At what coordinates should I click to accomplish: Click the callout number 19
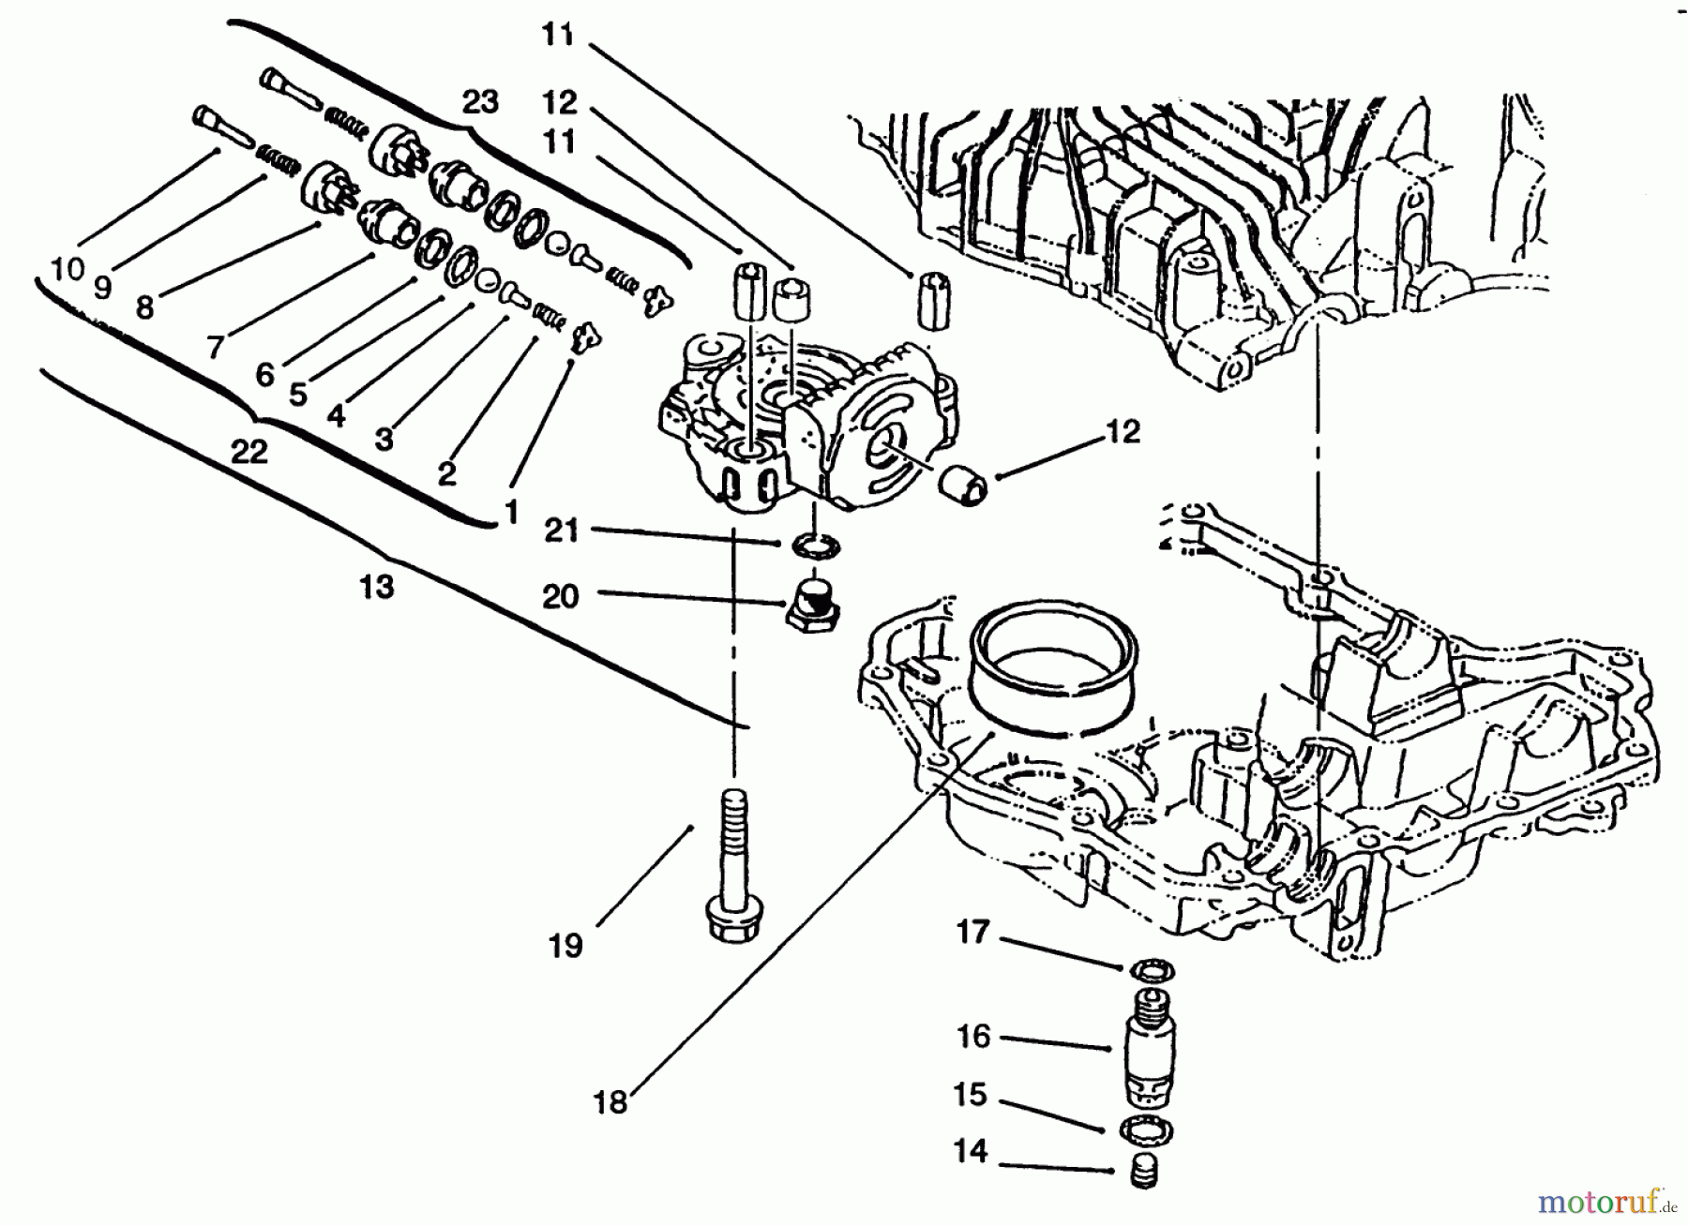565,946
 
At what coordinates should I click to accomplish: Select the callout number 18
610,1102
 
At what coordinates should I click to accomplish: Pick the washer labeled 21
812,544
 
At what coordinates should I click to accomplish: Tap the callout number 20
561,596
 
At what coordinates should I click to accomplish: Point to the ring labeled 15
1146,1131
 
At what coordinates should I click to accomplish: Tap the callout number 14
971,1151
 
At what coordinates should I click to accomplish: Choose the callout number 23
480,101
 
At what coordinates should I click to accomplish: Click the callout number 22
249,453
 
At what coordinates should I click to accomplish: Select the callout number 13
377,588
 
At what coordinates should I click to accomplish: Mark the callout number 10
68,270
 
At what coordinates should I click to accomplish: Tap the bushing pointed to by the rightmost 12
965,486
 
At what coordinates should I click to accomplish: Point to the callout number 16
972,1036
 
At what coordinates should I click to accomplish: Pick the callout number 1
511,513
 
